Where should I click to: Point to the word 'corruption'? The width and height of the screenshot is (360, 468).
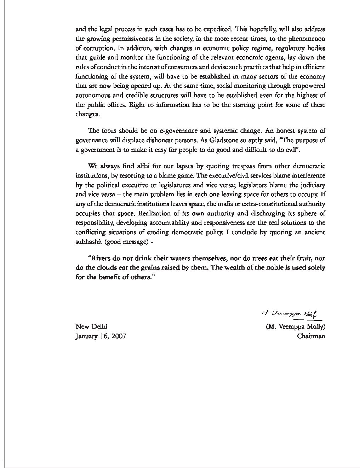point(97,48)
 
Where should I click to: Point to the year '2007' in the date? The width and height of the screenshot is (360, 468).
point(118,336)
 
